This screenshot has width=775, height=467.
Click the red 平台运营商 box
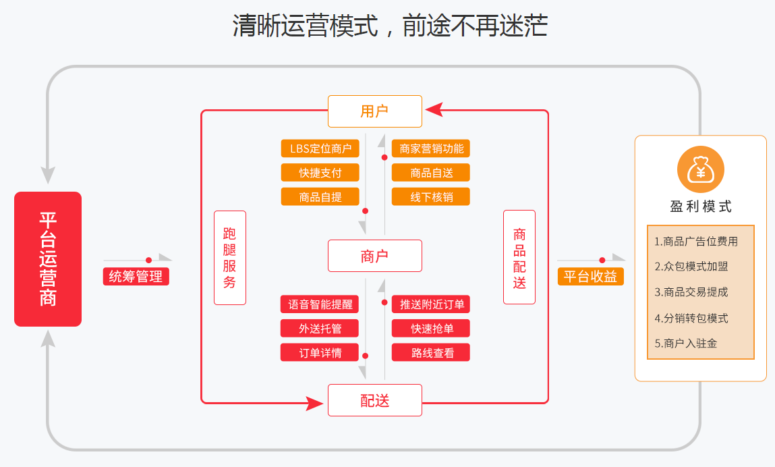[x=48, y=259]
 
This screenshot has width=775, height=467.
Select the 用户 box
[x=374, y=111]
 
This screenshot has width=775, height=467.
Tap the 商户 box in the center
[x=374, y=256]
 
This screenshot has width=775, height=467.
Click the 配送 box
[x=374, y=400]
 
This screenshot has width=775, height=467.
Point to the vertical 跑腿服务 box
[x=229, y=258]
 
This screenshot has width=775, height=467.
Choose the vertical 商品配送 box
[x=519, y=257]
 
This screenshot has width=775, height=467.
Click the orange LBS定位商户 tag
[x=320, y=148]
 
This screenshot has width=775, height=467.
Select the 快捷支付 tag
[x=320, y=173]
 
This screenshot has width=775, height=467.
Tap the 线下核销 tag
[x=431, y=197]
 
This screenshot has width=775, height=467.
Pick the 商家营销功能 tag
[x=431, y=148]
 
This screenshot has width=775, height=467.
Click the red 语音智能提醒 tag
[x=320, y=304]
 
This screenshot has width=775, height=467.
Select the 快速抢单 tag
[x=431, y=329]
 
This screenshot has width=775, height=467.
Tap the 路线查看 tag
[x=431, y=352]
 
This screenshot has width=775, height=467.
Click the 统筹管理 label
[x=136, y=276]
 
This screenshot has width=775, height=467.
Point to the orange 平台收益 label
[x=590, y=276]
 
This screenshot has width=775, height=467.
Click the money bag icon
[x=700, y=170]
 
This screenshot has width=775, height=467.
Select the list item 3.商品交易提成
[x=691, y=292]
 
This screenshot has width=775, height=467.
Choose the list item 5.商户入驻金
[x=686, y=344]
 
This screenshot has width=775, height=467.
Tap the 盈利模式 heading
[x=700, y=207]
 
